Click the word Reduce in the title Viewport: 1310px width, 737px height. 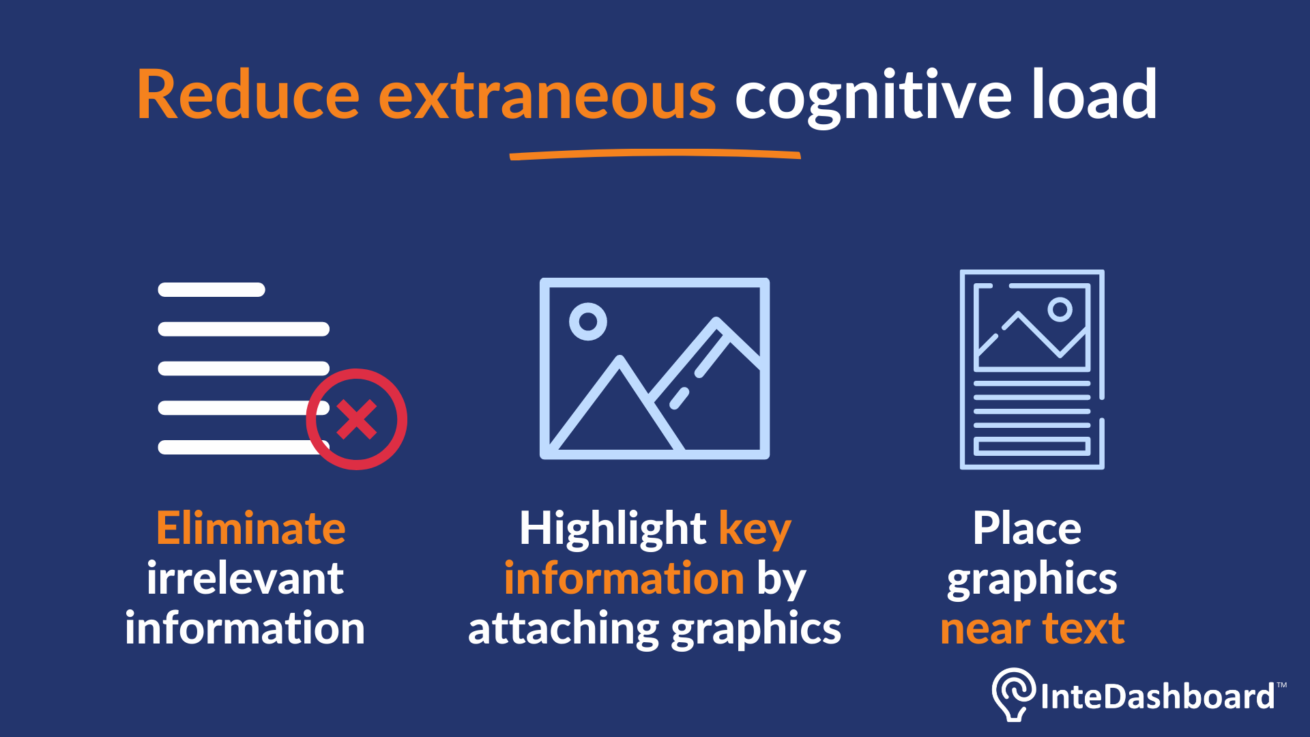(x=248, y=96)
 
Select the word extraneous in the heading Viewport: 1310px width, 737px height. (x=547, y=97)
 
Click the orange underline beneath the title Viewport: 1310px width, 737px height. (x=655, y=155)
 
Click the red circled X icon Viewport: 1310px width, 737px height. (x=356, y=419)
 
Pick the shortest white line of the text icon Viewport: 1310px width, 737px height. (x=212, y=289)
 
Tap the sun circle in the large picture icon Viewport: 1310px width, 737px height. (x=587, y=321)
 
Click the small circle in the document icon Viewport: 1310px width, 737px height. (x=1060, y=309)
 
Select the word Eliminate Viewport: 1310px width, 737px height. (x=251, y=529)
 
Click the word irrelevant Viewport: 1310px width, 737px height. (x=245, y=579)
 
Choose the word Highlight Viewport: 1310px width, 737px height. (x=612, y=529)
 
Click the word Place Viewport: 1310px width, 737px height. (x=1027, y=529)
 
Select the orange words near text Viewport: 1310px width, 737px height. (x=1032, y=629)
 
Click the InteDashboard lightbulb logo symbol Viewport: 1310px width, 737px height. (x=1013, y=693)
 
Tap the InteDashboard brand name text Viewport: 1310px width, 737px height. (x=1157, y=697)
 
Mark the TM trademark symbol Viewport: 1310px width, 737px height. (x=1281, y=685)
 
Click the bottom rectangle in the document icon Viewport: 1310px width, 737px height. (x=1032, y=447)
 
